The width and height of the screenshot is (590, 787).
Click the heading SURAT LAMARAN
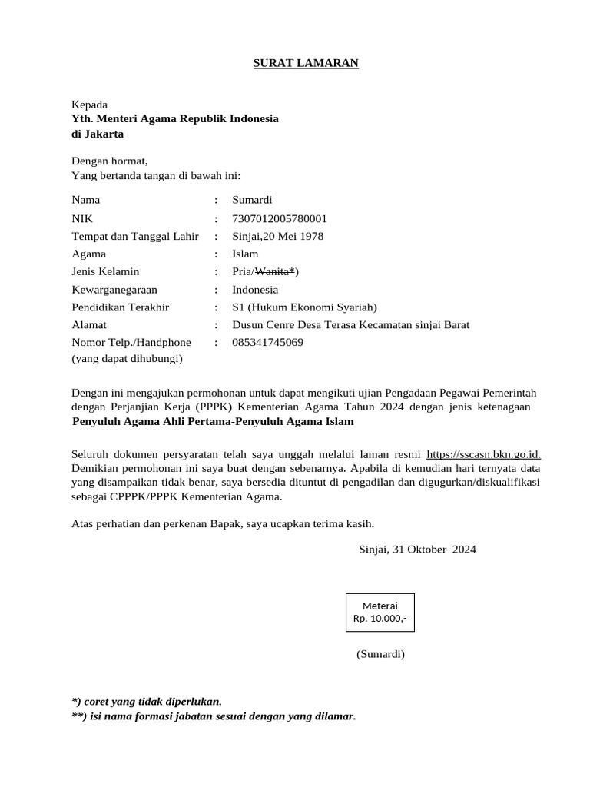click(306, 63)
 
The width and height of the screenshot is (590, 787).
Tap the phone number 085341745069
click(267, 343)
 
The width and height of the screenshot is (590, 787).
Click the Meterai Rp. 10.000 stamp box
click(380, 612)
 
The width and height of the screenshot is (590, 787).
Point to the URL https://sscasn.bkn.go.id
click(483, 454)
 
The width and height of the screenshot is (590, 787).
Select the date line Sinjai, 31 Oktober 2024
click(417, 550)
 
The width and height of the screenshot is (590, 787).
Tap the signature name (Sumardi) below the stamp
click(380, 654)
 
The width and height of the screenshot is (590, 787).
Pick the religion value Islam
click(245, 254)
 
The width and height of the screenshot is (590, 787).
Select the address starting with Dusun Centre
click(350, 325)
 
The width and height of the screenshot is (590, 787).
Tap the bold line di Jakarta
click(98, 134)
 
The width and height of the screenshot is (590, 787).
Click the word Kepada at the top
click(90, 105)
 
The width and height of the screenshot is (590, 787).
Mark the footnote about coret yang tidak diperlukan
click(147, 701)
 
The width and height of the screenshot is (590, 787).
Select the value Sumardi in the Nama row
click(252, 200)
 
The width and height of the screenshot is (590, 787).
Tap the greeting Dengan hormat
click(109, 161)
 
